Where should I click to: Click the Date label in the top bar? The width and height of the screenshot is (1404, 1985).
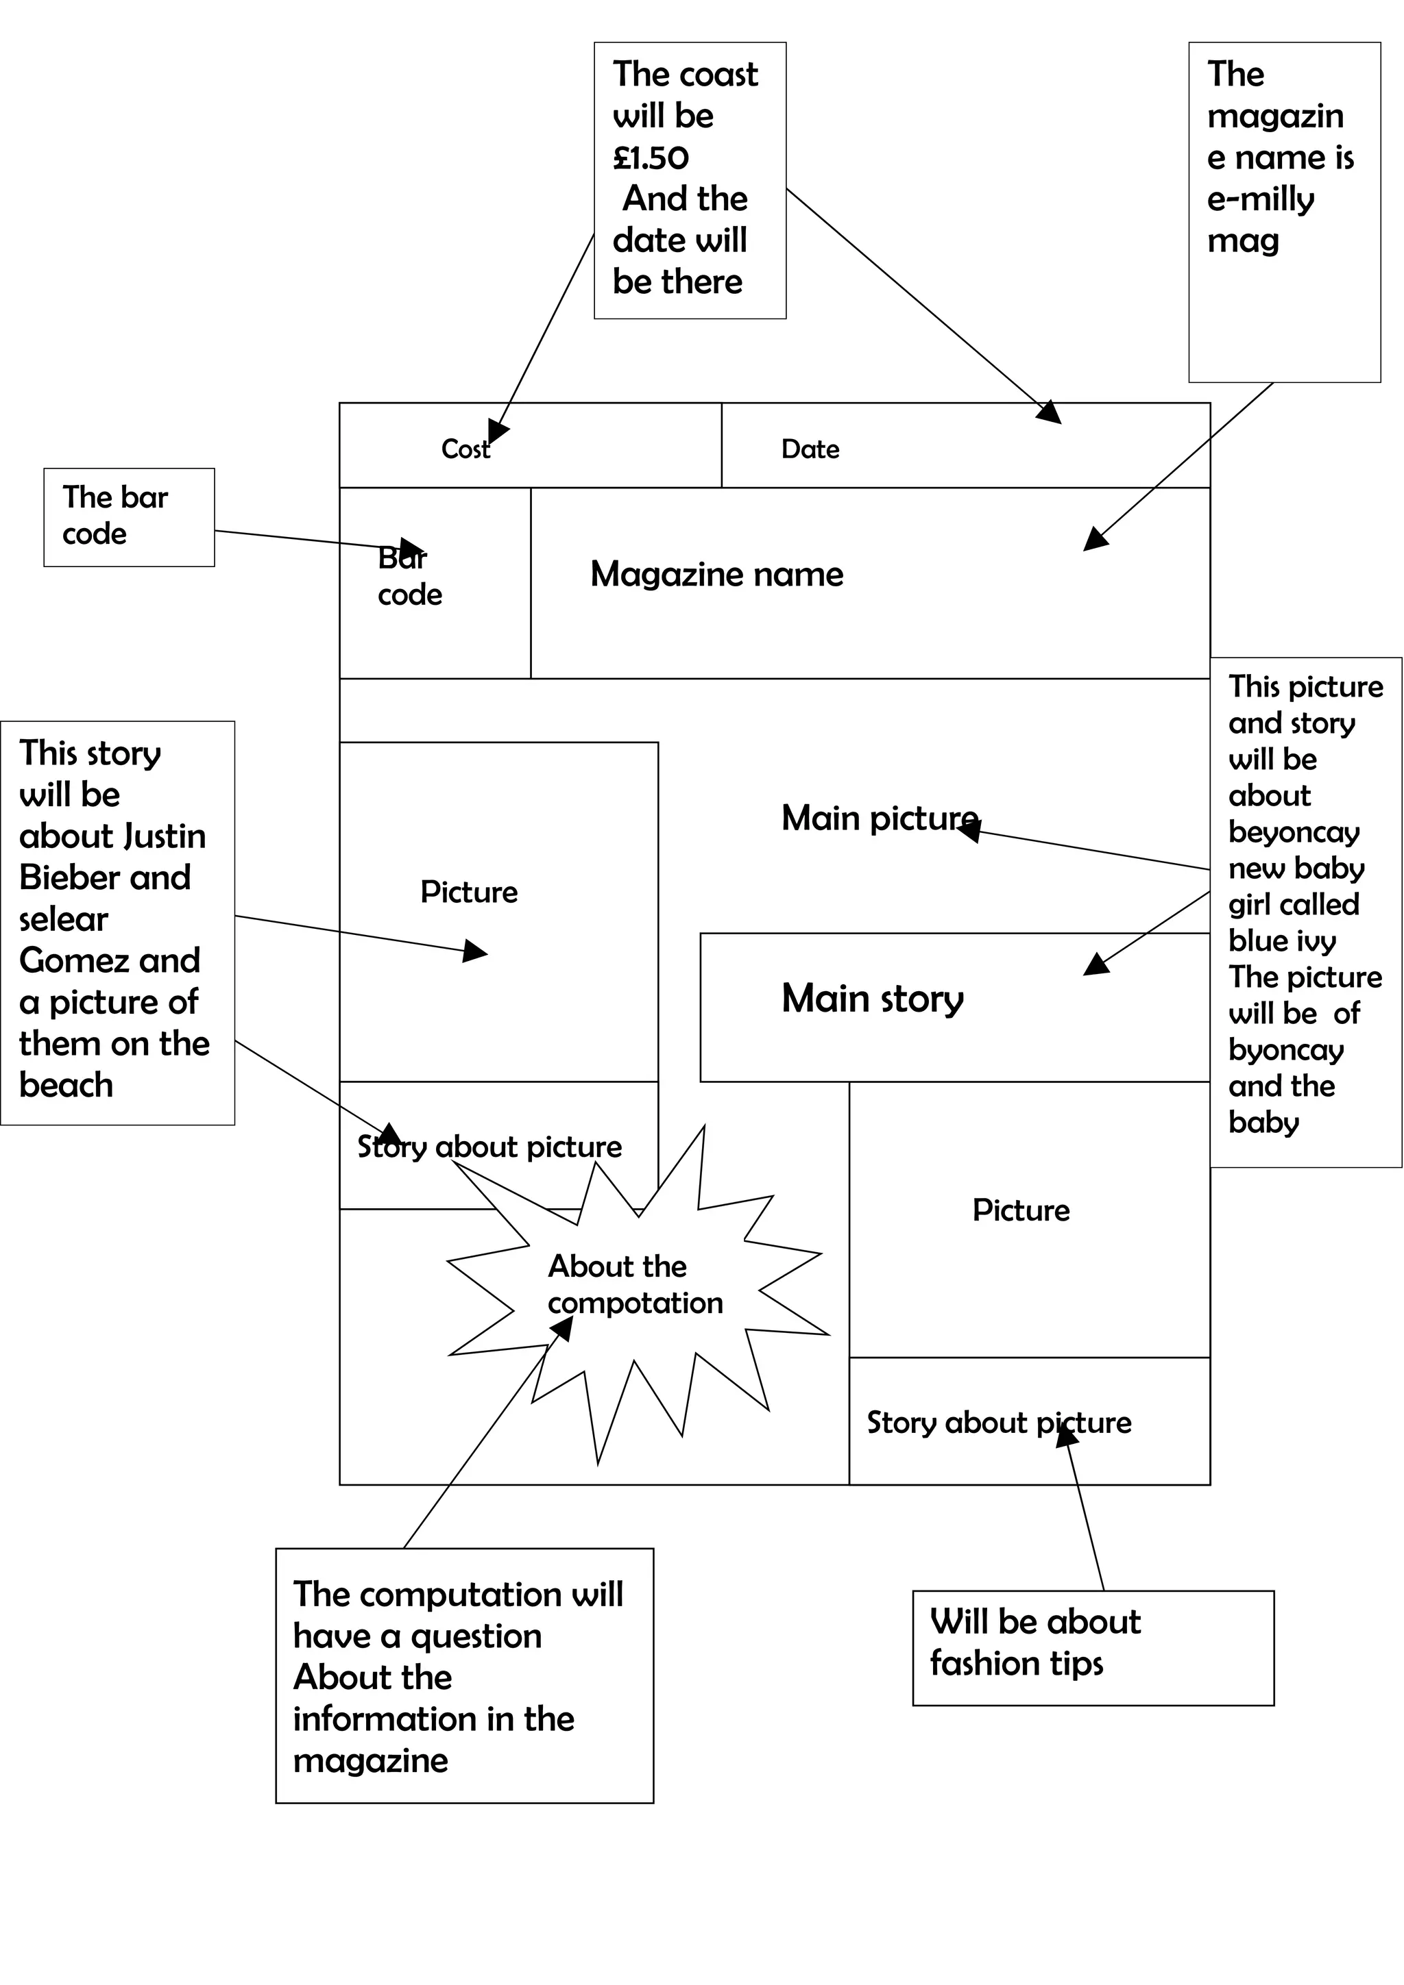[x=810, y=449]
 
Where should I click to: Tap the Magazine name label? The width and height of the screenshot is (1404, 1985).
[x=716, y=574]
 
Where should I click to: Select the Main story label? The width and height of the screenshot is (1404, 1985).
[x=872, y=999]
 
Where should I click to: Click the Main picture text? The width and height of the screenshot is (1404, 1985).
[x=879, y=818]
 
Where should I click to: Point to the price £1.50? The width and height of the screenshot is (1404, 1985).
[x=651, y=158]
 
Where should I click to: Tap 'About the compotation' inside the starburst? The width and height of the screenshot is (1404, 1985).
[x=634, y=1285]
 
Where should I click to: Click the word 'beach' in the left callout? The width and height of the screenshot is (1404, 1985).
[x=66, y=1085]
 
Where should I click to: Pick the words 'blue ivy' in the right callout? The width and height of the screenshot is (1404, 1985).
[x=1282, y=940]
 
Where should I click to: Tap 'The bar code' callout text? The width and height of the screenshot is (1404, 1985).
[x=114, y=515]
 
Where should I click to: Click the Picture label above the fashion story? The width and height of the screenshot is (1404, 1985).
[x=1021, y=1210]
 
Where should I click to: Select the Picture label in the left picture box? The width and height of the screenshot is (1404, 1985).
[x=469, y=892]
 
